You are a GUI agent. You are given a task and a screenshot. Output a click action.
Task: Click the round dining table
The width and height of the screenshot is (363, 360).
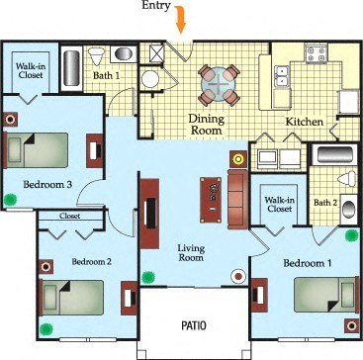point(216,85)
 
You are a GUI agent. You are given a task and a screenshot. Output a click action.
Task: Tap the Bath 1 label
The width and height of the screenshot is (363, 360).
point(106,75)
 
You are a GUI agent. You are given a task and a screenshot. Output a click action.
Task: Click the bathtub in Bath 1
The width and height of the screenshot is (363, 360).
point(72,69)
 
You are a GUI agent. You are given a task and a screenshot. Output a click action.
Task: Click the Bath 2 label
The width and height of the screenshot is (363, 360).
point(325,203)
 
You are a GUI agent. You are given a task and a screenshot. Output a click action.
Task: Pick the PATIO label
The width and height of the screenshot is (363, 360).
point(192,324)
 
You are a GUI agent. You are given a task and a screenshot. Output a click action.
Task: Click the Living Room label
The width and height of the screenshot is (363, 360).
point(191,252)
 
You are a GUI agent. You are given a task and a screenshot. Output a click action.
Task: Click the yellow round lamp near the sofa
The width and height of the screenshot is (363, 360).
point(237,157)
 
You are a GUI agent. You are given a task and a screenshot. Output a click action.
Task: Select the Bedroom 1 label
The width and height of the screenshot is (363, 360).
point(306,264)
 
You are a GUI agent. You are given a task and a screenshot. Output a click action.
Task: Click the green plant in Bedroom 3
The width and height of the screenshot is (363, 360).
point(12,199)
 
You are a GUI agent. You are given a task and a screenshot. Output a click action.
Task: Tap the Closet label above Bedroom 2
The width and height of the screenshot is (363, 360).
point(69,215)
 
